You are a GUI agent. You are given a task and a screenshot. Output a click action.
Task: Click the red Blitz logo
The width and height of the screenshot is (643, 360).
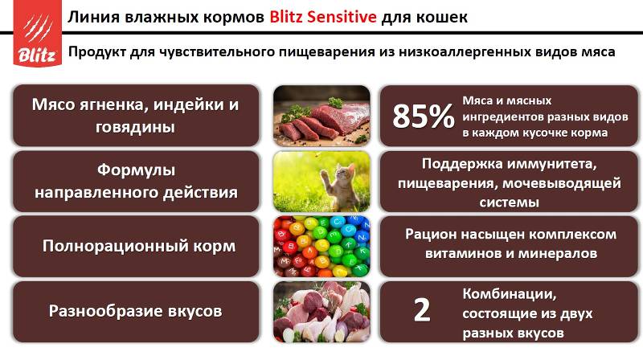(x=37, y=33)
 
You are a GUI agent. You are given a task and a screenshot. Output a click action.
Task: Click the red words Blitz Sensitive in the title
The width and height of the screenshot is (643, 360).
(x=323, y=17)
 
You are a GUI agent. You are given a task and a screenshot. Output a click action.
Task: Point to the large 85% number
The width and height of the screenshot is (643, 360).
(x=424, y=116)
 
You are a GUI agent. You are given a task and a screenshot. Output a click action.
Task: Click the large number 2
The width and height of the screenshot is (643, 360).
(x=422, y=310)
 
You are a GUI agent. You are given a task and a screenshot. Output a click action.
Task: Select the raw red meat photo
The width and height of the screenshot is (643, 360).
(x=321, y=116)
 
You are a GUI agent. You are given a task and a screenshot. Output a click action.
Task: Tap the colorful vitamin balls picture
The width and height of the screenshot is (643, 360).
(x=321, y=247)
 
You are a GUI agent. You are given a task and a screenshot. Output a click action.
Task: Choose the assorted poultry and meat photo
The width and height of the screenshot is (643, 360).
(x=321, y=312)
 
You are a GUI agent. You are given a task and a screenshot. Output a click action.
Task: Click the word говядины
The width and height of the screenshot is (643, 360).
(x=135, y=127)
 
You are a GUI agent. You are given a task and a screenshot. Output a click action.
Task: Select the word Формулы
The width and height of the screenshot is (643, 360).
(x=136, y=170)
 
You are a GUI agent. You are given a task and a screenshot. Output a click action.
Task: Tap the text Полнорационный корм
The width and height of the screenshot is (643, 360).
(x=139, y=246)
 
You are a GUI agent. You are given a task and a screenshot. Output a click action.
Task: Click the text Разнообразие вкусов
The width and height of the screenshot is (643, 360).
(x=135, y=311)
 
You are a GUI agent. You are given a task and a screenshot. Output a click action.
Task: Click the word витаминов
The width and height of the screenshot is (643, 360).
(x=464, y=253)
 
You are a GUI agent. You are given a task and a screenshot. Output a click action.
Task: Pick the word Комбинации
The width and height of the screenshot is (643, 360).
(x=510, y=294)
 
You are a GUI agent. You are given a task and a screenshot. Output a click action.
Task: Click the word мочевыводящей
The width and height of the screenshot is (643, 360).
(x=562, y=183)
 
